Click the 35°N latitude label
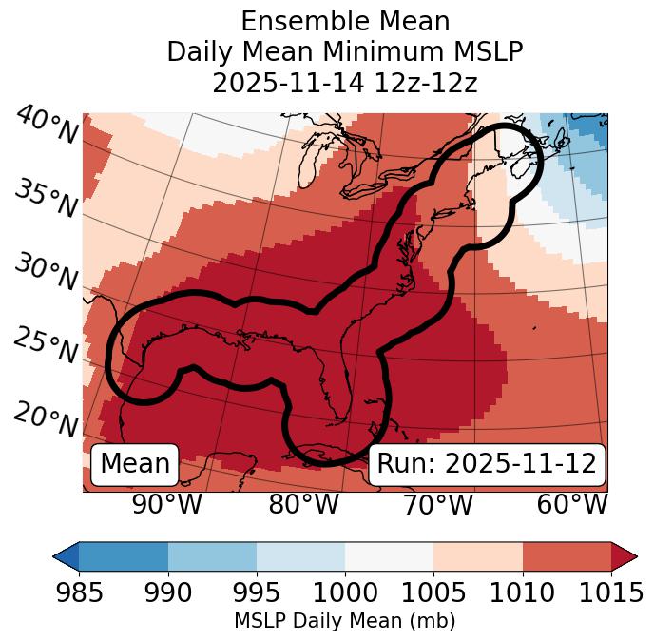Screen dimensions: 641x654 [x=46, y=199]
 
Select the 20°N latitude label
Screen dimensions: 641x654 [x=46, y=419]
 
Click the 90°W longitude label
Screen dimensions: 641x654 [x=167, y=505]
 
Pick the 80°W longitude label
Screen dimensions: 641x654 [x=303, y=505]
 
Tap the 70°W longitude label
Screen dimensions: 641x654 [x=437, y=505]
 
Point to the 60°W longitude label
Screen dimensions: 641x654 [x=572, y=505]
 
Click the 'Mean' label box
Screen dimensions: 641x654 [x=135, y=464]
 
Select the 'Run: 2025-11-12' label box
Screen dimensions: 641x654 [x=487, y=464]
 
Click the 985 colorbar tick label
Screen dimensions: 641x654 [x=79, y=592]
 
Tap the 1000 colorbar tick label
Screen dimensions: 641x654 [x=345, y=592]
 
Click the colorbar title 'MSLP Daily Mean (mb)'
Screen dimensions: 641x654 [x=345, y=621]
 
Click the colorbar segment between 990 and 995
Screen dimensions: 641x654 [x=212, y=555]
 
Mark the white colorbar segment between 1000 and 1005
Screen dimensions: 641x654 [x=389, y=555]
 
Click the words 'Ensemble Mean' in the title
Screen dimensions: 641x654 [x=345, y=21]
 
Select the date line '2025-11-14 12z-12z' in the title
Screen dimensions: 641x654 [x=345, y=83]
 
